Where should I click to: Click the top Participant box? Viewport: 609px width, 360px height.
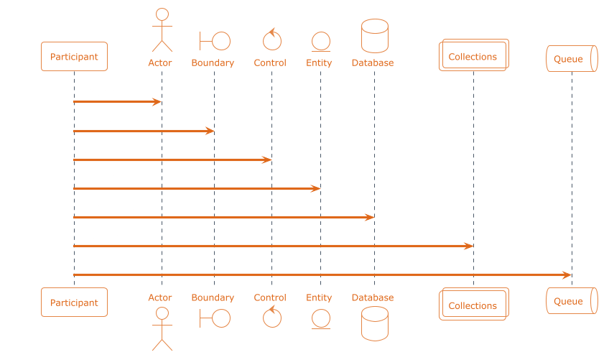point(75,57)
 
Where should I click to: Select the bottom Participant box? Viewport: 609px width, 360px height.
point(75,303)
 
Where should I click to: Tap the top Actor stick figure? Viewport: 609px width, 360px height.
point(162,30)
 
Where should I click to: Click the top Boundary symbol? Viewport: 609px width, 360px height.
point(214,40)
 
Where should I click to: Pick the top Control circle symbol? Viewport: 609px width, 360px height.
point(271,40)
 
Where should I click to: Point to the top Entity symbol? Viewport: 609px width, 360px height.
point(320,41)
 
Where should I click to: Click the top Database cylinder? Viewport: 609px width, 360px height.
point(374,36)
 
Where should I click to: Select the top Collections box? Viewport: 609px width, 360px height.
point(473,55)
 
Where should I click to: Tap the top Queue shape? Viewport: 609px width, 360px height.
point(572,59)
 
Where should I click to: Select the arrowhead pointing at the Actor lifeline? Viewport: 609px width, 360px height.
point(157,102)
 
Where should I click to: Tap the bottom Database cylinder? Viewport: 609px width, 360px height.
point(374,323)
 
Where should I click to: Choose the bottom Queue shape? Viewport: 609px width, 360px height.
point(572,302)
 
